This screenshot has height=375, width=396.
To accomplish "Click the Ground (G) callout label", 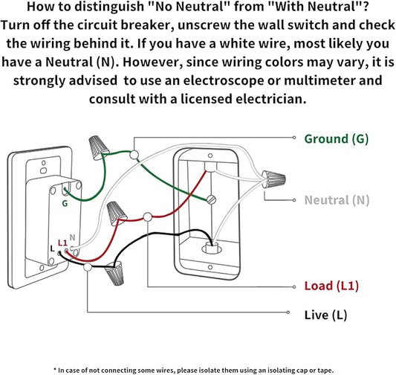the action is (336, 139).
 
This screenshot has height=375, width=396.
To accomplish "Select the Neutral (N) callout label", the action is (337, 200).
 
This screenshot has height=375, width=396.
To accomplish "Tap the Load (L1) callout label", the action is (331, 286).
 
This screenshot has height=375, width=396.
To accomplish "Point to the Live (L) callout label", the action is (325, 315).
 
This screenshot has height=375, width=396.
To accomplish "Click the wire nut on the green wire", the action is (98, 147).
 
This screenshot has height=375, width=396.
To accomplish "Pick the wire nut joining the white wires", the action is (273, 179).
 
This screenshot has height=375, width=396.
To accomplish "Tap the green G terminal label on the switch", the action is (65, 203).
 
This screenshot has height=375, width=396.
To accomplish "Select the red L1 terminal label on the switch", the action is (62, 243).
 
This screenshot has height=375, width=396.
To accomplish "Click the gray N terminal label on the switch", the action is (72, 237).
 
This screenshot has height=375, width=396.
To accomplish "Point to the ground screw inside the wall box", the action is (211, 199).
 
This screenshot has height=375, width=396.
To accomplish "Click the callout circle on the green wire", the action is (134, 155).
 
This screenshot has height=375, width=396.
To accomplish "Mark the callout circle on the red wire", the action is (148, 217).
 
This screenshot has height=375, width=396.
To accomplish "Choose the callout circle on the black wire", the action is (88, 267).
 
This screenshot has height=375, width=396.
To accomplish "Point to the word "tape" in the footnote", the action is (328, 371).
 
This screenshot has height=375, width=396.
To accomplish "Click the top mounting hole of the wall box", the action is (210, 156).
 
